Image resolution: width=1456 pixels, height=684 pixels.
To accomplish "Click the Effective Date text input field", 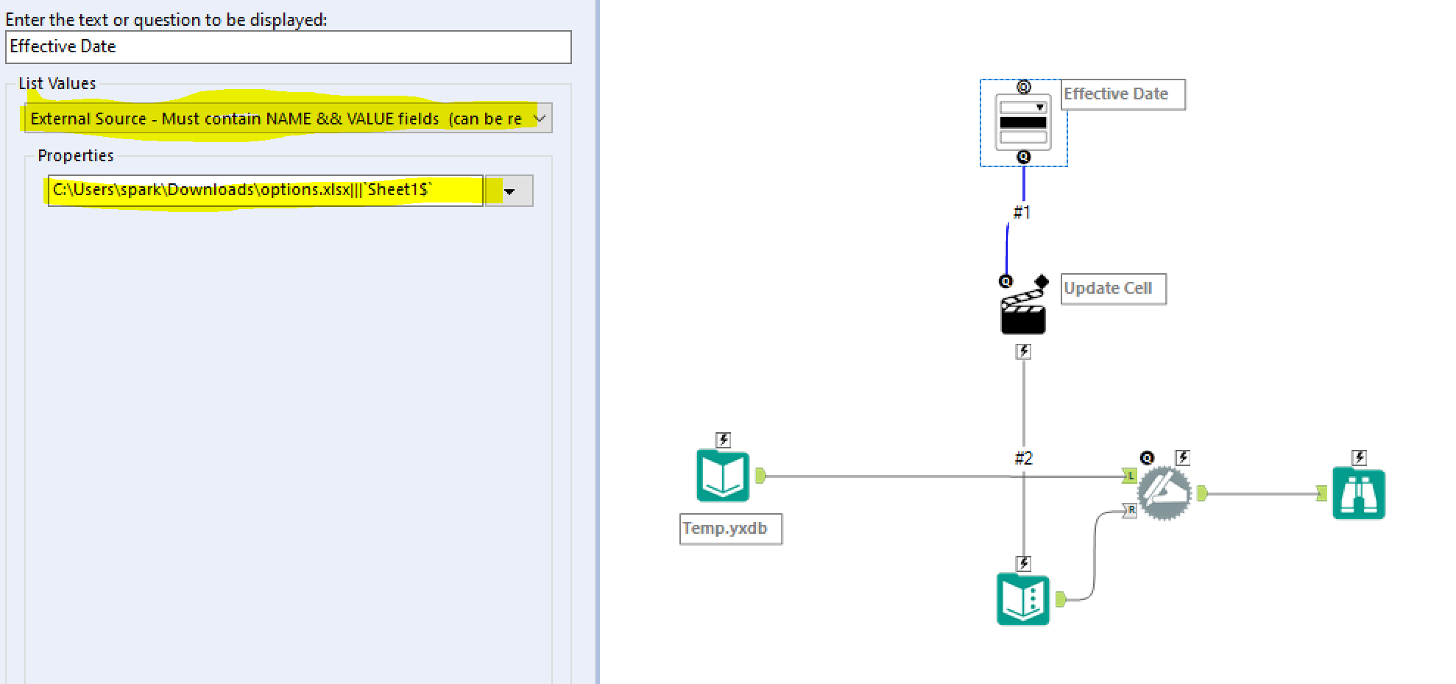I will click(x=288, y=47).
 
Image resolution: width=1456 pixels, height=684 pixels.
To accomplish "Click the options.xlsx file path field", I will click(x=265, y=191).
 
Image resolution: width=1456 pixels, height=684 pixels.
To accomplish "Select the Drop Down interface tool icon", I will click(x=1023, y=123).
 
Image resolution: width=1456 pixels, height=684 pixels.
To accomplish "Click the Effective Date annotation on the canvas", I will click(x=1123, y=94).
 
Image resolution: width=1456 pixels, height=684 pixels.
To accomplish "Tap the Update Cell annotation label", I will click(x=1113, y=289).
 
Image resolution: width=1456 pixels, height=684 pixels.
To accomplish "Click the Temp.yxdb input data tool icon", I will click(x=723, y=476).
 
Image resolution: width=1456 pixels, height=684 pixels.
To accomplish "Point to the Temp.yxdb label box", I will click(x=730, y=529).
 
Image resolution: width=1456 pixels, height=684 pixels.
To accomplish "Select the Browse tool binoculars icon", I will click(x=1358, y=494).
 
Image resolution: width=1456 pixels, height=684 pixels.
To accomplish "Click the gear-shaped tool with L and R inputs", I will click(x=1164, y=493).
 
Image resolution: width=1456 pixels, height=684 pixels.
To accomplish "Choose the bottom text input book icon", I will click(x=1023, y=599).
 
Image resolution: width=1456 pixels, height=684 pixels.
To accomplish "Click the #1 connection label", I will click(x=1022, y=213).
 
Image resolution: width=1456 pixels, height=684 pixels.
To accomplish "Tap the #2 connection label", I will click(x=1023, y=458).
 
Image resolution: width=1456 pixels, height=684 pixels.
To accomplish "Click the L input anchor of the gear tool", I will click(x=1129, y=476).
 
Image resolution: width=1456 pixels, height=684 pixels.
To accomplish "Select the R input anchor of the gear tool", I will click(x=1130, y=510).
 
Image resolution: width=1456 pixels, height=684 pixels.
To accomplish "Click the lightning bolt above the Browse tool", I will click(x=1359, y=458).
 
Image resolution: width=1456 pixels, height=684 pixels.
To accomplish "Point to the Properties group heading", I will click(x=76, y=156).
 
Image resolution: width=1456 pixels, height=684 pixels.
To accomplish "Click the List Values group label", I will click(x=57, y=84).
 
